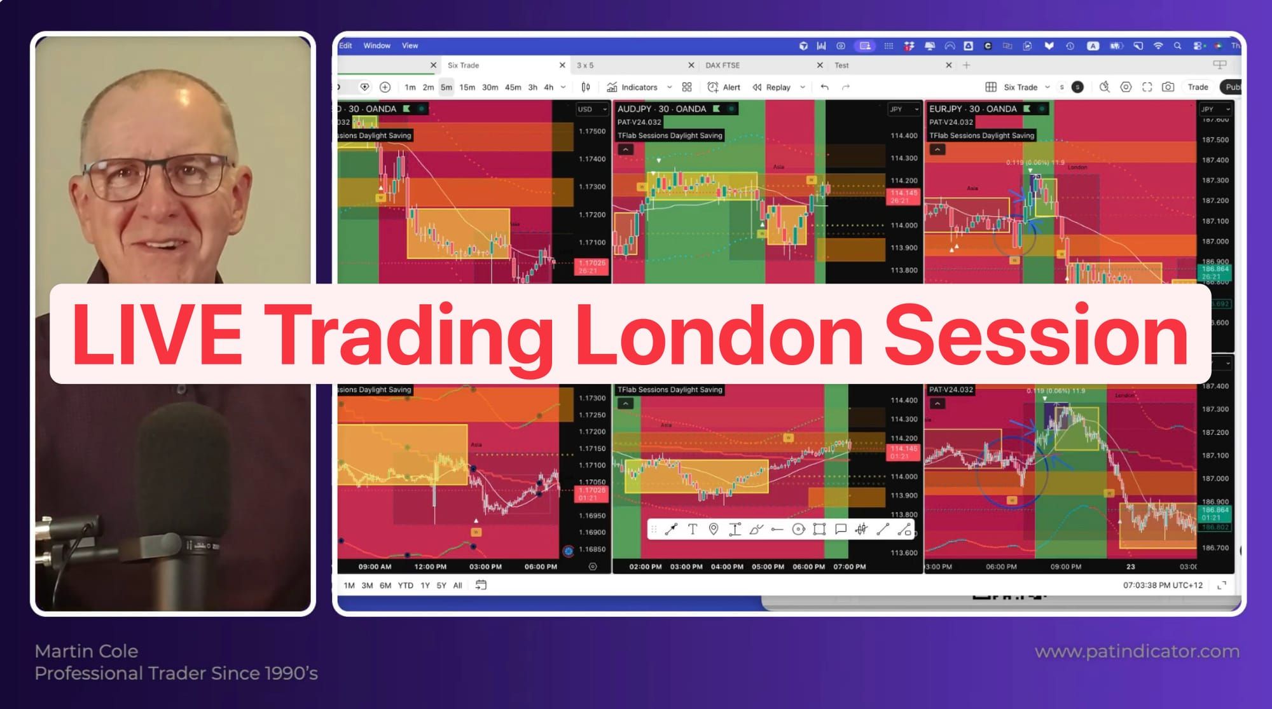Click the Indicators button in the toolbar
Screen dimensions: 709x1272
(639, 87)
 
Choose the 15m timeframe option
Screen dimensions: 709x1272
(467, 87)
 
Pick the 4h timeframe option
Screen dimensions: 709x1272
(548, 87)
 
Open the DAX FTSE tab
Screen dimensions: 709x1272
(722, 65)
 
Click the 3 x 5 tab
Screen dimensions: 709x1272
(584, 65)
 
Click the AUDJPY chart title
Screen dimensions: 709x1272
(661, 109)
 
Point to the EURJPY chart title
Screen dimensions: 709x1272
(972, 109)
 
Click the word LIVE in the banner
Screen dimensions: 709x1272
(156, 334)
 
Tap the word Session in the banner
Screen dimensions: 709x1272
(1035, 334)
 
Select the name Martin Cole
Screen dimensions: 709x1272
(86, 651)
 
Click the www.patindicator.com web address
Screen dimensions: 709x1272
(1137, 651)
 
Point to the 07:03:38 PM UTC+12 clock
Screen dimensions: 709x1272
(1162, 585)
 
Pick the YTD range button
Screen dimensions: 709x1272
(405, 585)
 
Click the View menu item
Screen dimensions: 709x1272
(410, 46)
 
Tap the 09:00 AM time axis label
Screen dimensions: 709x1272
(375, 567)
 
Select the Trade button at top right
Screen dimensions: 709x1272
(1198, 87)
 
